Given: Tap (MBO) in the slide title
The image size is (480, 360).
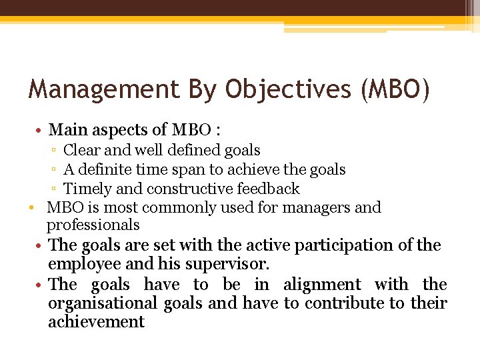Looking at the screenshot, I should click(x=395, y=89).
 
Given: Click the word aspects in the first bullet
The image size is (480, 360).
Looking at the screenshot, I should click(x=115, y=129).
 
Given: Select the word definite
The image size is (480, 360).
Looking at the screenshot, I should click(x=106, y=169).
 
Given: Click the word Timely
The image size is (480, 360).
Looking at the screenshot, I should click(x=85, y=189).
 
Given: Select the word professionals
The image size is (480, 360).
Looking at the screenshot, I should click(x=93, y=225).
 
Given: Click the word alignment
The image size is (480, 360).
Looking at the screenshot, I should click(x=322, y=285).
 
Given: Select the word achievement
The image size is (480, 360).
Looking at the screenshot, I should click(x=96, y=322).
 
